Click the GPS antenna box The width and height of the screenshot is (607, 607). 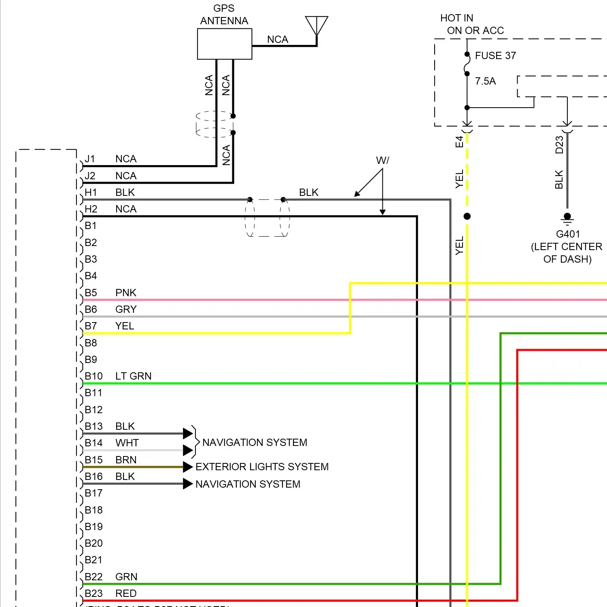[x=225, y=44]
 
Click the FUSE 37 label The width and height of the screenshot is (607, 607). [x=495, y=55]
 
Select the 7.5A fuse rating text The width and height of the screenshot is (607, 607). [x=485, y=81]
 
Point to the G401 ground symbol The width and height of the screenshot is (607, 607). [x=567, y=219]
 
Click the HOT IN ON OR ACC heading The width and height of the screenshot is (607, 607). [x=471, y=24]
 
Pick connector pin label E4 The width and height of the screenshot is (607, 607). [x=459, y=142]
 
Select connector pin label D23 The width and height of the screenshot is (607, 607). [x=559, y=144]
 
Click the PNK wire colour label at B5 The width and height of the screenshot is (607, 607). [x=125, y=293]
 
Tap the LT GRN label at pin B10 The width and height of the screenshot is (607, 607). [x=133, y=376]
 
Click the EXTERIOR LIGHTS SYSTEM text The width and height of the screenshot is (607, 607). [x=262, y=467]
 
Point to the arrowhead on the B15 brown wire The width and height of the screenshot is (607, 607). [x=187, y=467]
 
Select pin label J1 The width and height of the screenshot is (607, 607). [x=90, y=159]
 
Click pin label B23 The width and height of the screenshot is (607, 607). [x=93, y=593]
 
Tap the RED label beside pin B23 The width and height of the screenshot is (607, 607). [x=126, y=593]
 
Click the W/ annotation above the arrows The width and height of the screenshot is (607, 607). [x=382, y=160]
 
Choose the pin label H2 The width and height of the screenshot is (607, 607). [x=91, y=209]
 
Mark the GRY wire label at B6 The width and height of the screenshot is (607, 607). [x=126, y=309]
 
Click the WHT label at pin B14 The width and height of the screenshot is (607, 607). [x=127, y=443]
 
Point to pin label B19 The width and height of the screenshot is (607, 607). [x=93, y=526]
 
